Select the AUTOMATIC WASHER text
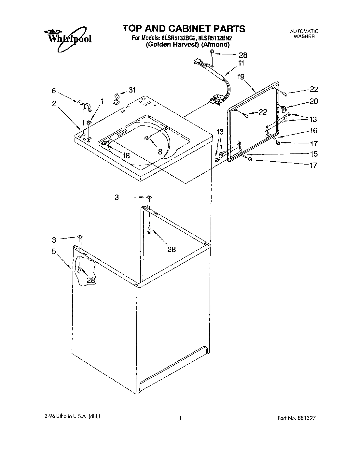click(304, 34)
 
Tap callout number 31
click(132, 90)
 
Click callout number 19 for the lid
click(241, 77)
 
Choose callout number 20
click(313, 101)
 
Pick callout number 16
click(313, 131)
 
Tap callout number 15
click(313, 154)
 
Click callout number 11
click(241, 63)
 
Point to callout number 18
click(126, 156)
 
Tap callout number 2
click(54, 104)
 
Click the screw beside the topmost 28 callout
click(212, 52)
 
